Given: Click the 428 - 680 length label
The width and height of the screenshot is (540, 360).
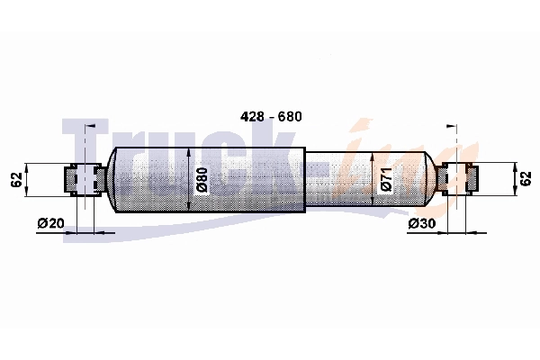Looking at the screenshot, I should coord(269,117).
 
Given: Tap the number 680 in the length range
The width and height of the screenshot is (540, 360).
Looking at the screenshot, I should coord(289,117).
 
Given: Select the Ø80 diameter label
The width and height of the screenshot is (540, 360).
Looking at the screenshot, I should coord(202,180).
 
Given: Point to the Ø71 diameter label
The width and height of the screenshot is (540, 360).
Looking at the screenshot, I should coord(385,180).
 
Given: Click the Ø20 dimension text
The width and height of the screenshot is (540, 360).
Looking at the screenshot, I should coord(52,223).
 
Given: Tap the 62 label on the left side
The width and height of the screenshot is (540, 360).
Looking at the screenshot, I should coord(15,179).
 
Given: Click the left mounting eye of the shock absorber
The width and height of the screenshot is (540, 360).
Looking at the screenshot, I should coord(83,179).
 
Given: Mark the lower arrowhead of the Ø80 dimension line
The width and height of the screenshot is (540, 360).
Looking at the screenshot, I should coord(189,208).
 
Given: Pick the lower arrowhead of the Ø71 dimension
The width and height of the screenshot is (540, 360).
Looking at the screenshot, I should coord(372,203).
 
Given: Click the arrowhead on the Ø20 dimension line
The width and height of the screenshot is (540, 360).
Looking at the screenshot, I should coord(108,232).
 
